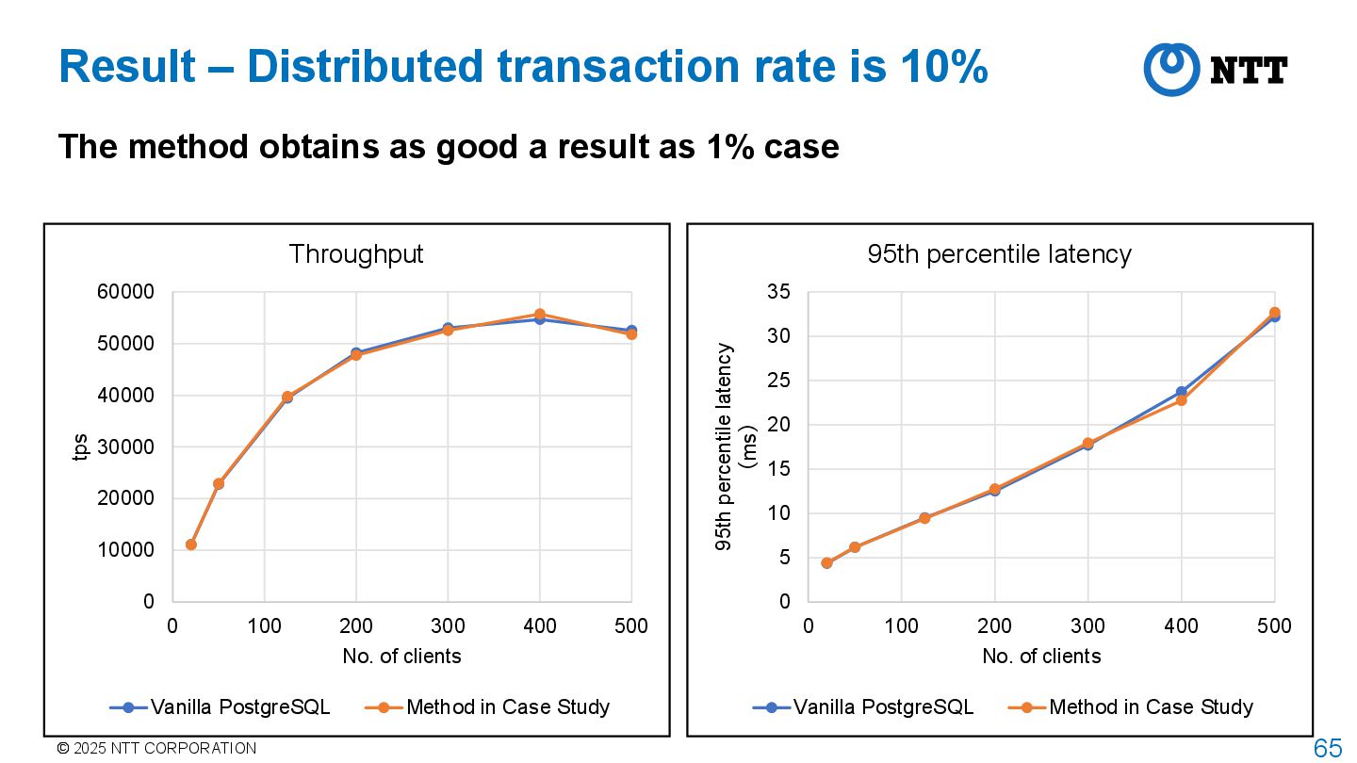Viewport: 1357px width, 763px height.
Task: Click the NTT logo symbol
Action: (1171, 69)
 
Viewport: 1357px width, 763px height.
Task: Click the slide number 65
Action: (1328, 749)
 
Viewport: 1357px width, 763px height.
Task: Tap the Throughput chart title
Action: (356, 254)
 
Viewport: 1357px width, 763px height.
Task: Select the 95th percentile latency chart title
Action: (999, 254)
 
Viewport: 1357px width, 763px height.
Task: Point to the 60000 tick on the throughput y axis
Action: (126, 292)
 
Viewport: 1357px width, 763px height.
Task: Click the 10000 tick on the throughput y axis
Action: (126, 550)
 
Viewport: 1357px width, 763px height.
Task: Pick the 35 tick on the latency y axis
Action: (778, 292)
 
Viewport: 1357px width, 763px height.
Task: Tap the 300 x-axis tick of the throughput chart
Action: (448, 626)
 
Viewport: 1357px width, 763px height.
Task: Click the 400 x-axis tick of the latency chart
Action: (1181, 626)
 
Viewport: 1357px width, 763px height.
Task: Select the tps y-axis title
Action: (81, 447)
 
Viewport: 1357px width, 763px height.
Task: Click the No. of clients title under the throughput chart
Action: (401, 657)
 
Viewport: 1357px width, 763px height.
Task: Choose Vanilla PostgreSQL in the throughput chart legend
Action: (240, 707)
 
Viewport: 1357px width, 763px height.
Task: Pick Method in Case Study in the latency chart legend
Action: (1151, 707)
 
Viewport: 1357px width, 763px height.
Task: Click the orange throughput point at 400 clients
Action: (540, 314)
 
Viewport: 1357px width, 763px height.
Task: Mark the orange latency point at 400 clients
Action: (1181, 400)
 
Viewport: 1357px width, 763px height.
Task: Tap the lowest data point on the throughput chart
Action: (191, 544)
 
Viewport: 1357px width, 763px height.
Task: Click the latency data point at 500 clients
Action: (1274, 313)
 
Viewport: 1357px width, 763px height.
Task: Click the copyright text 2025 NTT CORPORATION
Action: (163, 749)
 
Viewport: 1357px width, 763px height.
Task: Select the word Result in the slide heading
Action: (127, 68)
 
